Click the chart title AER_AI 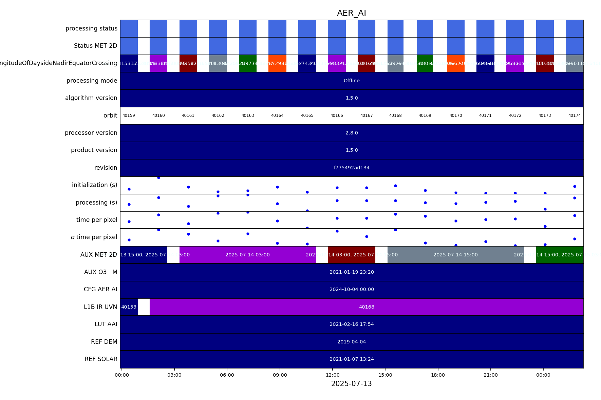(x=351, y=13)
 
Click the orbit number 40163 (x=248, y=115)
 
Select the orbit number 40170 (x=456, y=115)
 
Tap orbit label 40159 (x=129, y=115)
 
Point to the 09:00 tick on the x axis (x=280, y=375)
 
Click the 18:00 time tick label (x=438, y=375)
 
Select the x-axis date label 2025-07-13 (x=351, y=384)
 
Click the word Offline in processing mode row (x=352, y=81)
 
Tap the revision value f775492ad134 (x=352, y=168)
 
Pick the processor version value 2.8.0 (x=352, y=133)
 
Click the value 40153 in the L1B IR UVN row (x=129, y=307)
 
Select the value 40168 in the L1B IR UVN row (x=367, y=307)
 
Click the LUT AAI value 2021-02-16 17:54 (x=352, y=324)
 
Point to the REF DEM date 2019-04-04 (x=352, y=342)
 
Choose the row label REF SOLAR (x=101, y=359)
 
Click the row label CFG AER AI (x=100, y=289)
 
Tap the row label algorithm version (x=91, y=98)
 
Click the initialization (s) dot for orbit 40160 (x=158, y=177)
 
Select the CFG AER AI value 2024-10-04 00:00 (x=352, y=289)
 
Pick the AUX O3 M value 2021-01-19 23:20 (x=352, y=272)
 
